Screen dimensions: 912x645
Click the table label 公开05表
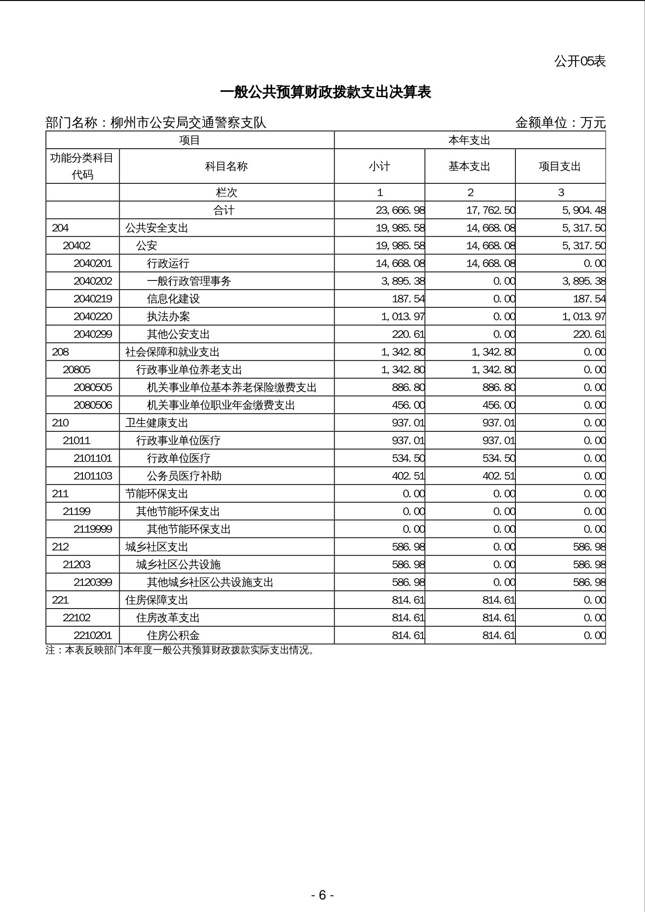point(580,61)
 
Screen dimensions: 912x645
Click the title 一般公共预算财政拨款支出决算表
point(325,92)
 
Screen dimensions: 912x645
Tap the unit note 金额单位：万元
point(560,123)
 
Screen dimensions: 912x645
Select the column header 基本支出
point(469,166)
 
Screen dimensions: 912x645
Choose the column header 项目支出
point(560,166)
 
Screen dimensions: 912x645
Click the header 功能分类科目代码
point(82,166)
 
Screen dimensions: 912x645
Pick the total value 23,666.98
point(400,210)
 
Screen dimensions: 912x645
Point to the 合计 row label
point(224,210)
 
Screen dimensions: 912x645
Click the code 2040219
point(93,299)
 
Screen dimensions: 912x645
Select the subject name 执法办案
point(168,316)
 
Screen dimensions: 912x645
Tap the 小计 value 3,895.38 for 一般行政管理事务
point(403,281)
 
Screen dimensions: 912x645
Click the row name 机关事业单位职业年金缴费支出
point(221,405)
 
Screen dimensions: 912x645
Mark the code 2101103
point(93,476)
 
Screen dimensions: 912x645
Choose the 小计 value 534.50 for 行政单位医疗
point(408,458)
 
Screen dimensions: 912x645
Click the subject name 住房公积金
point(173,635)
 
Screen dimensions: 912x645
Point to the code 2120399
point(93,582)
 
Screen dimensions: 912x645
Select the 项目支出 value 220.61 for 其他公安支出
point(589,334)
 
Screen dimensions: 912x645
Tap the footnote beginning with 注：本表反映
point(179,650)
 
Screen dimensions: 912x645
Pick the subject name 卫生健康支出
point(156,423)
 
